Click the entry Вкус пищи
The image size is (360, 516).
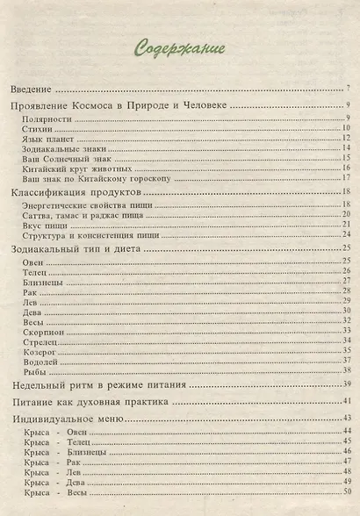[x=44, y=225]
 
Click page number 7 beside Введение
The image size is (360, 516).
[x=349, y=90]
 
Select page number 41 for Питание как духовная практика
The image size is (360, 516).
[x=346, y=401]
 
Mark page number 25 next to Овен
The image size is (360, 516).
[x=347, y=262]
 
